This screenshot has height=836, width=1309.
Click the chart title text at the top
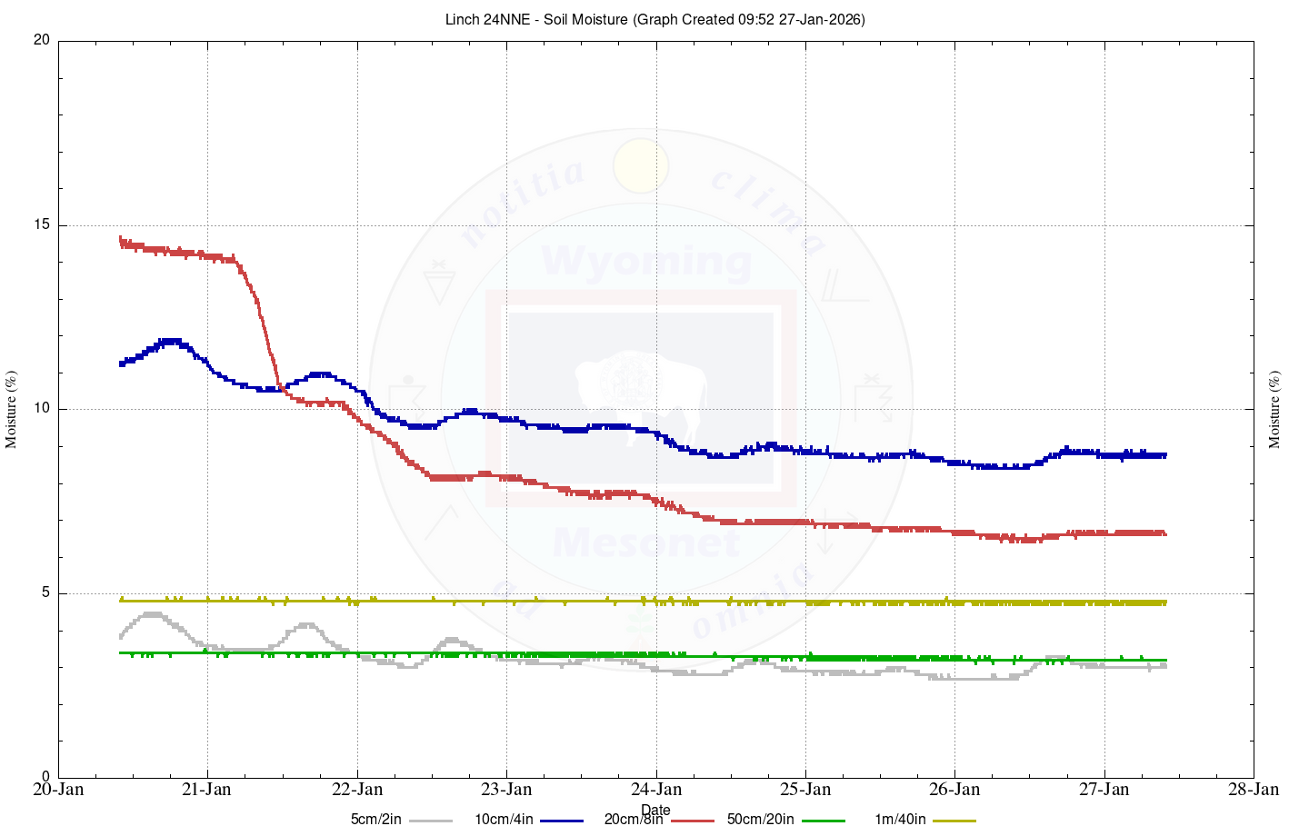[654, 19]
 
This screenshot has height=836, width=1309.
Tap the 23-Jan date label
[506, 789]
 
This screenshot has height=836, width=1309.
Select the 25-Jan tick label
[805, 789]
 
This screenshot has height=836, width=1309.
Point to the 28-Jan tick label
[1254, 789]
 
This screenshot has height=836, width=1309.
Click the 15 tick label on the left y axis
[41, 225]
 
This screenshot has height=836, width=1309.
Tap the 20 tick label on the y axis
[41, 41]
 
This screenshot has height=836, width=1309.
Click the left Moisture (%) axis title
[12, 409]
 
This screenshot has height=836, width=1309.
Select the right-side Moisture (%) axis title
[1274, 409]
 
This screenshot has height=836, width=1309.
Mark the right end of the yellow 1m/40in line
[1164, 602]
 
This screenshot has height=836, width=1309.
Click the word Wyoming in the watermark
[646, 262]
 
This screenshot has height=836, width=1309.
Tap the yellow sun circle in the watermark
[641, 165]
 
